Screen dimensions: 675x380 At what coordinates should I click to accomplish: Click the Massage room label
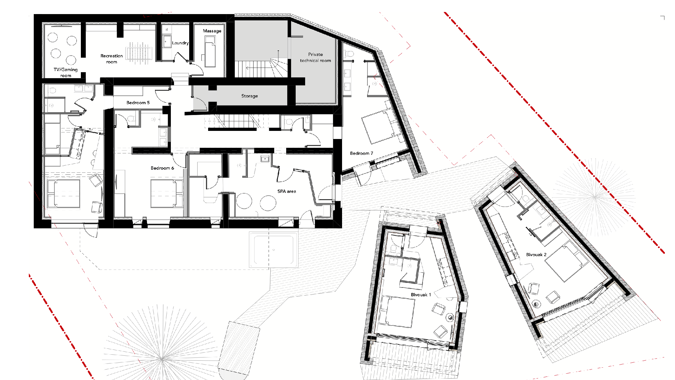212,31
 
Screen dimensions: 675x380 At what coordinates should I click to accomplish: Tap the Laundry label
180,43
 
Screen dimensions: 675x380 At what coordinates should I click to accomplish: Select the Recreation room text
111,59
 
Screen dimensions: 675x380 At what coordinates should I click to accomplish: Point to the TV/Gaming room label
66,72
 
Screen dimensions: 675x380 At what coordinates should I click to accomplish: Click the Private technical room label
315,57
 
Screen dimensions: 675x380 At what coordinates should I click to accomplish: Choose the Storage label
250,96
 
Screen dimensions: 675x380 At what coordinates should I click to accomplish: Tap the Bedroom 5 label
138,103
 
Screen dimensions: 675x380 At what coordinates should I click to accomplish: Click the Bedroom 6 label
162,168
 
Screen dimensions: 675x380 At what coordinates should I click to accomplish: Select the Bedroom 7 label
361,153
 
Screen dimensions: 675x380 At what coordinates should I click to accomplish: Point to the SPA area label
287,191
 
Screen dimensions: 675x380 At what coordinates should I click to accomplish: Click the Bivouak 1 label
421,295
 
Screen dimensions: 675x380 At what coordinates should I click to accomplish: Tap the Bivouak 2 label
536,255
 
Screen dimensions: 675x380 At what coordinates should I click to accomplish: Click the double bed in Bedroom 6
167,194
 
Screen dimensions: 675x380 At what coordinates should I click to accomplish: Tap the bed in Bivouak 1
397,311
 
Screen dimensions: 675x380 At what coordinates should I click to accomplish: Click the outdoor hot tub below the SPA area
274,249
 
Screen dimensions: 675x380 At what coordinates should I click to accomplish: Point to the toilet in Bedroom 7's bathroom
349,54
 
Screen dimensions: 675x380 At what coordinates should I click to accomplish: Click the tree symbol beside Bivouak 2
595,197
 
